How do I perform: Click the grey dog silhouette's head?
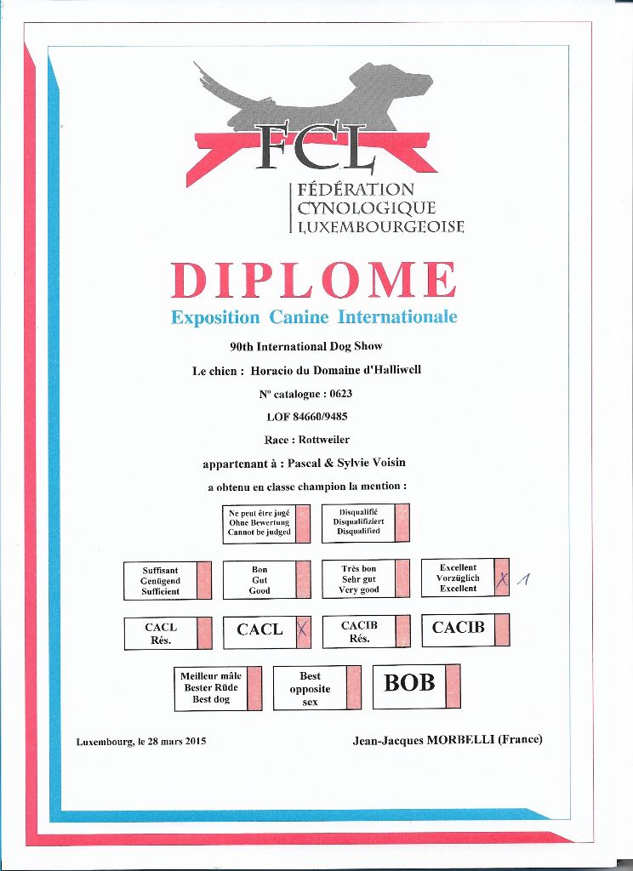pos(408,83)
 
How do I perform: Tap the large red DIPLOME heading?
pos(314,280)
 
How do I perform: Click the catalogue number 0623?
pos(340,394)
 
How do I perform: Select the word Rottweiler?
pos(324,440)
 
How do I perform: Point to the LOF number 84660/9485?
pos(320,417)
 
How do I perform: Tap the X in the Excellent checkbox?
pos(502,579)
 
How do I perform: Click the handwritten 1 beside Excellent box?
pos(523,579)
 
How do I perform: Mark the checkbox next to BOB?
pos(453,686)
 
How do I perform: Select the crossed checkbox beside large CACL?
pos(303,631)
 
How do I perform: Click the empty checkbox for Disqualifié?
pos(402,523)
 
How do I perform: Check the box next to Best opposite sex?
pos(353,687)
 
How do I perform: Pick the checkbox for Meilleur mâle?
pos(254,689)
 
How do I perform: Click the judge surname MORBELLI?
pos(461,740)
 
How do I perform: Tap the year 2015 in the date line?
pos(196,741)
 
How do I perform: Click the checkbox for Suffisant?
pos(204,580)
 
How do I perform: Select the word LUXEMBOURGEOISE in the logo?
pos(380,226)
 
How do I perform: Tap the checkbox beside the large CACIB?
pos(502,629)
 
